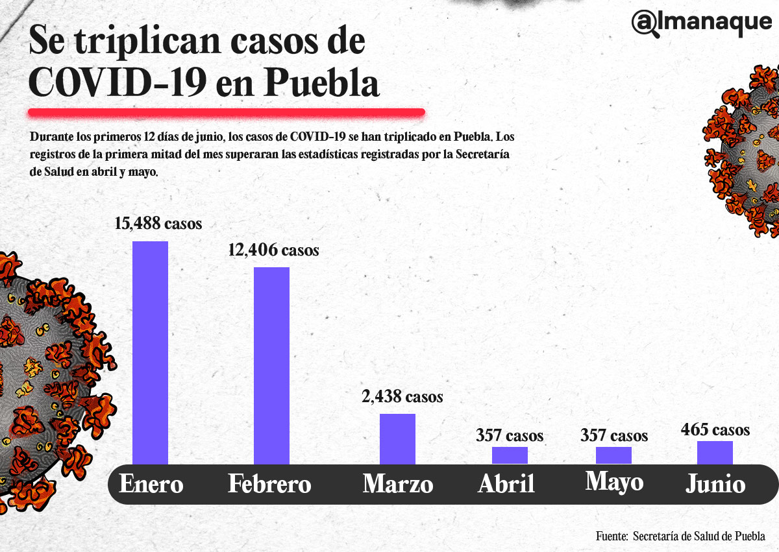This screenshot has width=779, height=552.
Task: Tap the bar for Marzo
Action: click(397, 438)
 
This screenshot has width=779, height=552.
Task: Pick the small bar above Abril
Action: click(510, 455)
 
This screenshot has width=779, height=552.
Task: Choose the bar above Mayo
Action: click(613, 455)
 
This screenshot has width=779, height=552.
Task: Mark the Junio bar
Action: click(715, 453)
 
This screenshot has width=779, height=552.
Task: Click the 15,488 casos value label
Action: click(158, 224)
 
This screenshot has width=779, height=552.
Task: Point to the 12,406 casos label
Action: click(273, 250)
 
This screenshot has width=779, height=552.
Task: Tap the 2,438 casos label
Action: click(402, 396)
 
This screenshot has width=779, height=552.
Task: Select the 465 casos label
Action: click(715, 429)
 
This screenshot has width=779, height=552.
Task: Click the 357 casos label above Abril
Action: click(510, 435)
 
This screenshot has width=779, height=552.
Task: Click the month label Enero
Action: click(151, 485)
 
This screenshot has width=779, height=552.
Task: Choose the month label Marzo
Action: click(397, 485)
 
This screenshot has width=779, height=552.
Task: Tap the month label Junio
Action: click(715, 485)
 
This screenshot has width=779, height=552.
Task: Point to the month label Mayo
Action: click(614, 482)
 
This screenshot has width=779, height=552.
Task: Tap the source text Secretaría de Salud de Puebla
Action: click(699, 536)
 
